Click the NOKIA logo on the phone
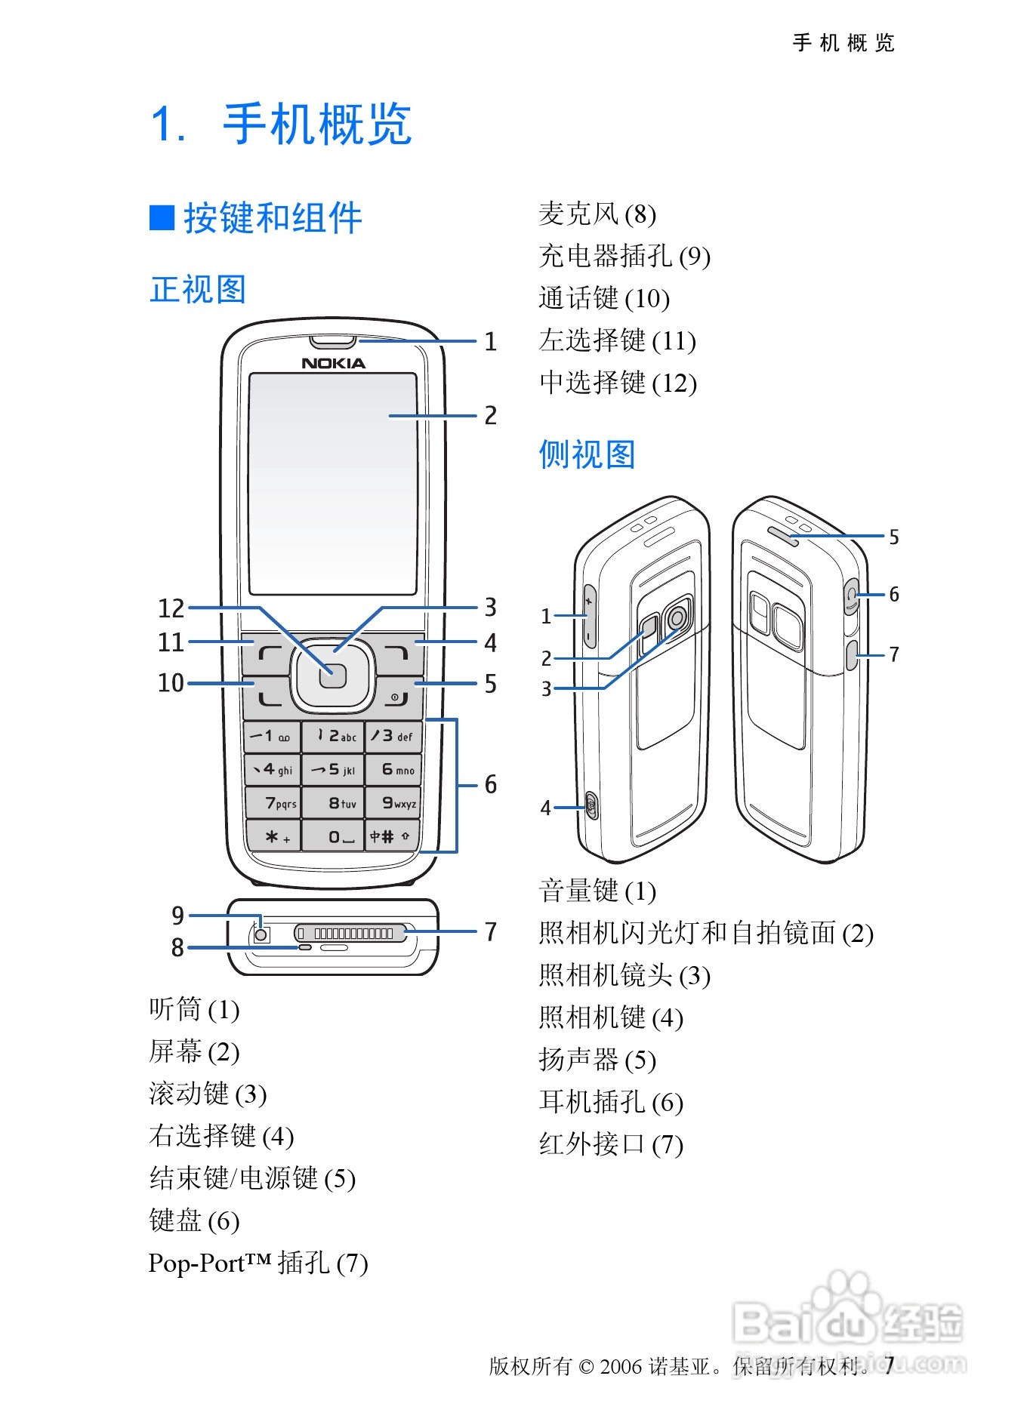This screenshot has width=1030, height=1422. (x=333, y=363)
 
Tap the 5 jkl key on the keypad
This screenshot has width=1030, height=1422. (x=333, y=770)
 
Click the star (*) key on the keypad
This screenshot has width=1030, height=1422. (x=273, y=836)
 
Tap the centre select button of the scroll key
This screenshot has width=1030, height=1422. (x=332, y=676)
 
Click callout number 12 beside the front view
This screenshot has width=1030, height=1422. (x=171, y=608)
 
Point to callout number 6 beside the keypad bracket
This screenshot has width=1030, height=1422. (x=491, y=785)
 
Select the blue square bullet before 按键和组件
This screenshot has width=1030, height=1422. (x=162, y=218)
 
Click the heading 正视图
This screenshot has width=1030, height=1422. (x=198, y=290)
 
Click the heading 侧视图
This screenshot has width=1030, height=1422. (x=587, y=455)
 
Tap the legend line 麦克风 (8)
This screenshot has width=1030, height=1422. (x=597, y=214)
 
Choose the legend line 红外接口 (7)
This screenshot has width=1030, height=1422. (x=610, y=1144)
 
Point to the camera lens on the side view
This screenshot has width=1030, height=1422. (x=677, y=617)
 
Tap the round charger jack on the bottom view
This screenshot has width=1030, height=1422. (x=261, y=935)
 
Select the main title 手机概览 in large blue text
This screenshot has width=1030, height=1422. (x=317, y=125)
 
